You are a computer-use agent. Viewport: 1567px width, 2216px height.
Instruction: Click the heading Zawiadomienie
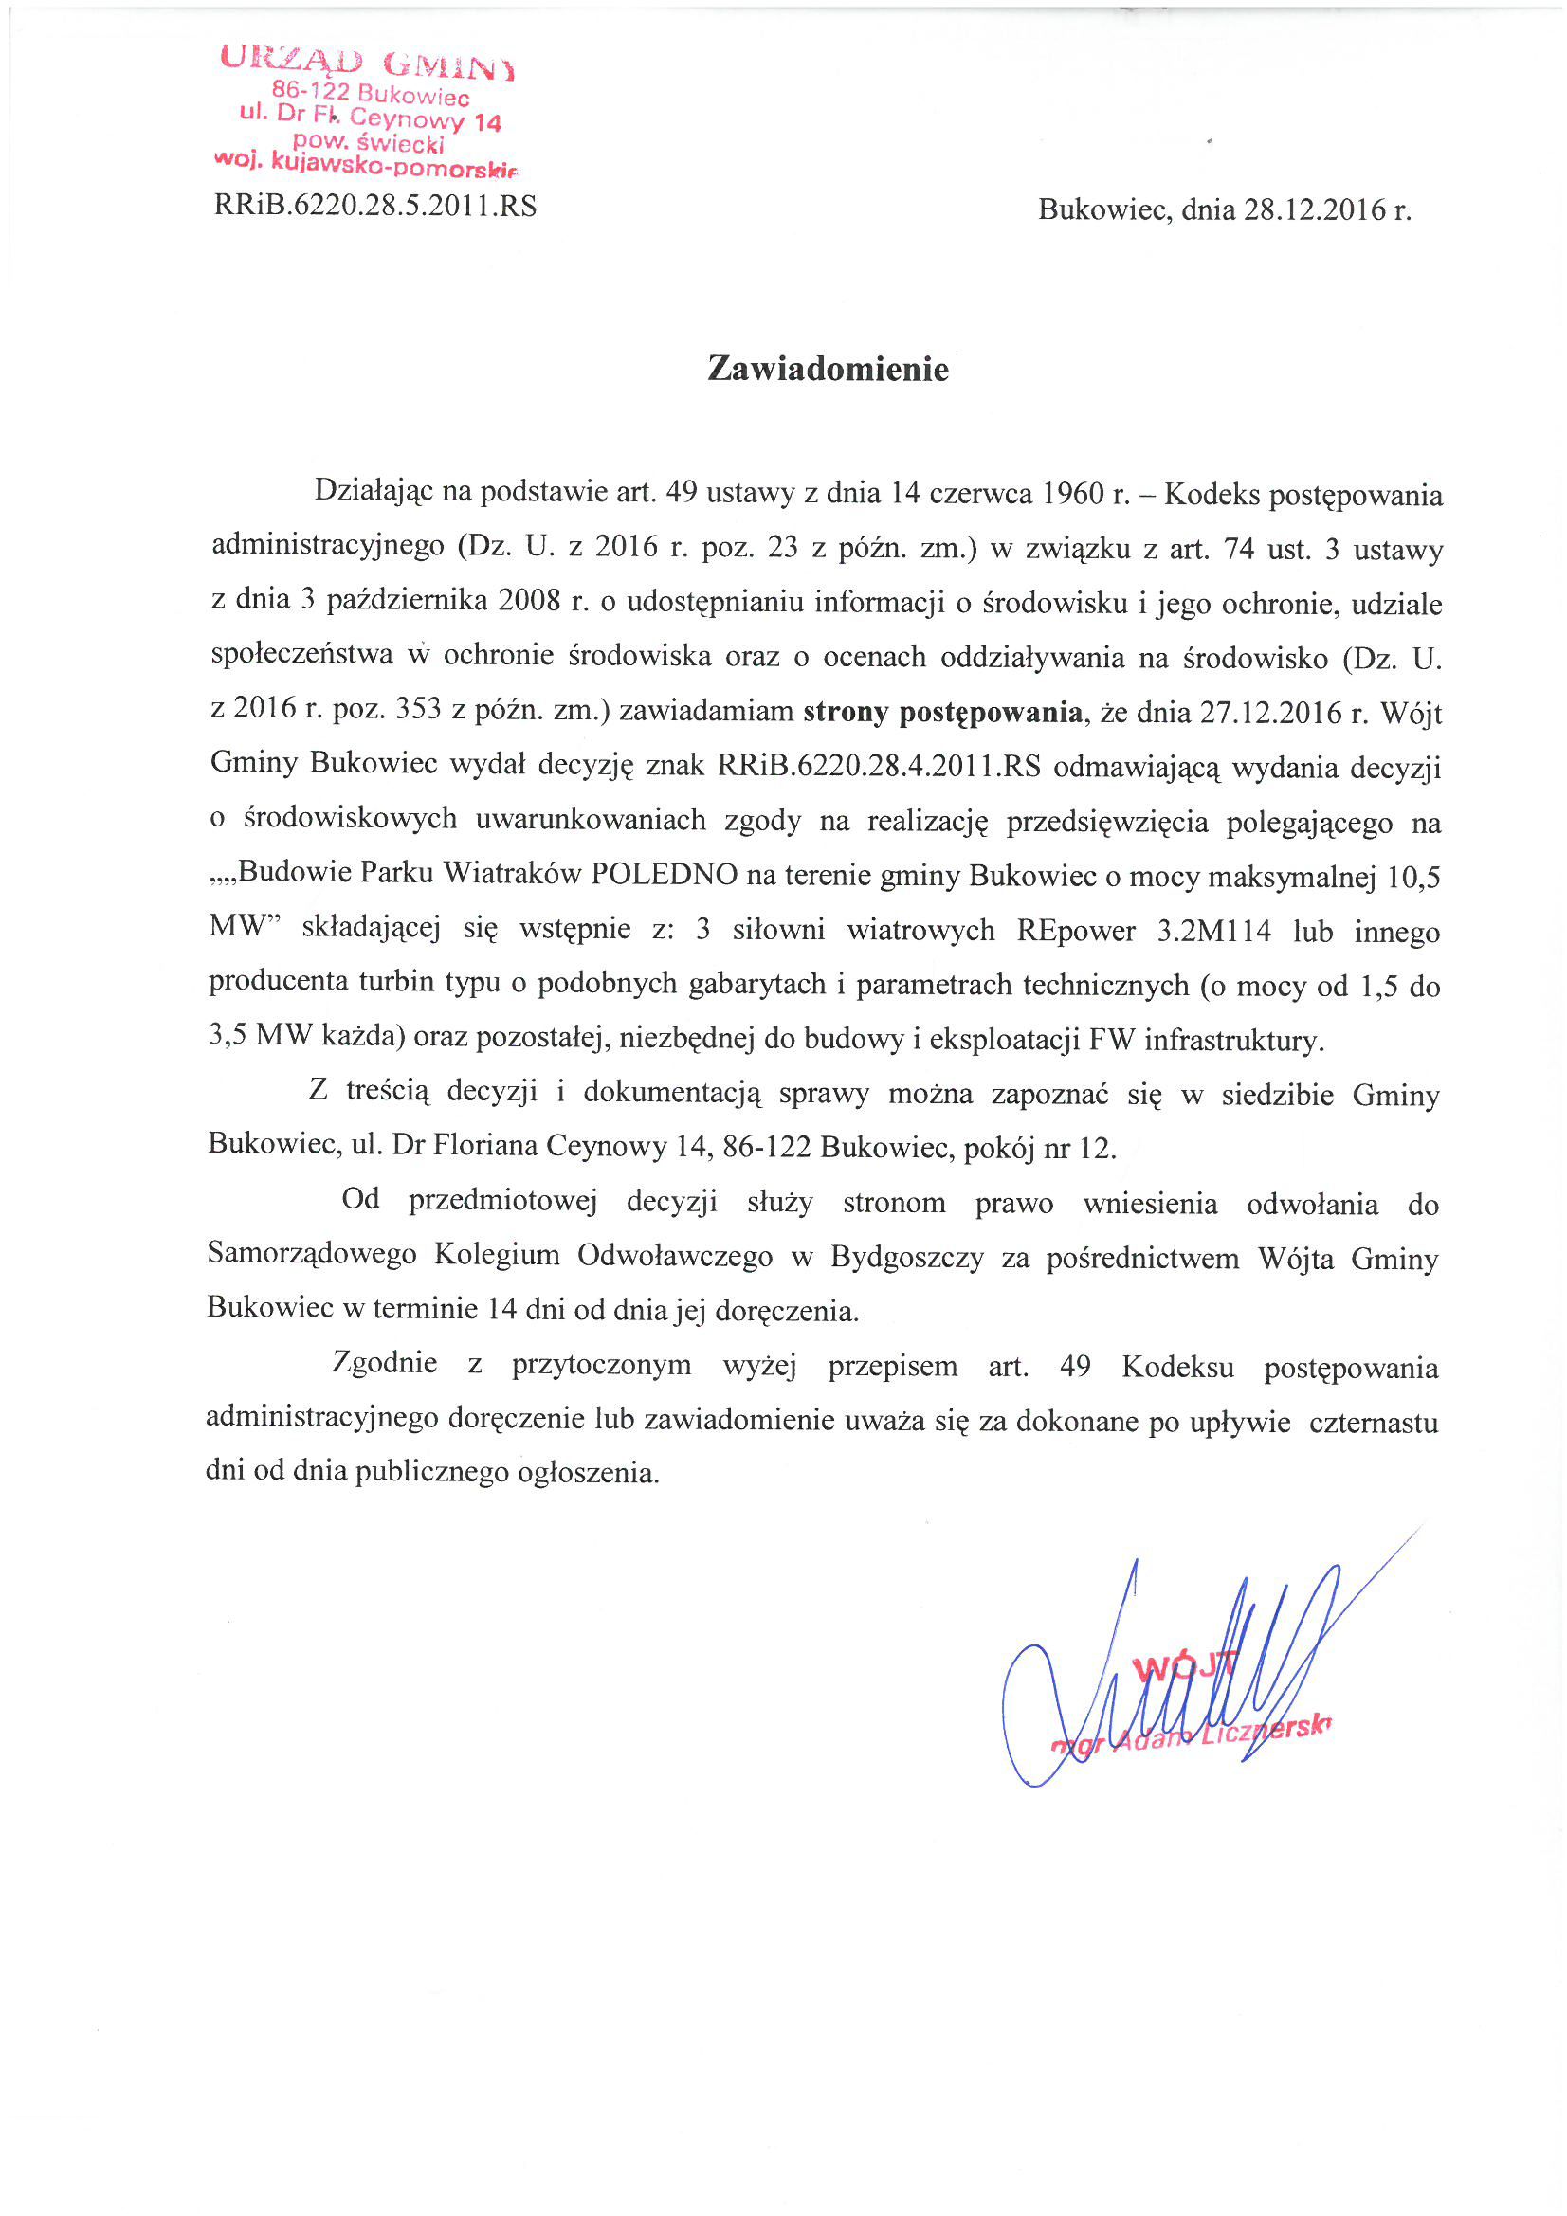[828, 370]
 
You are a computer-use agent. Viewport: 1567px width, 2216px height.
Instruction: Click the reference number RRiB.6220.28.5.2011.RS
[375, 207]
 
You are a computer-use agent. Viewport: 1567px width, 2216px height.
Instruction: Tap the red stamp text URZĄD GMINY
[367, 62]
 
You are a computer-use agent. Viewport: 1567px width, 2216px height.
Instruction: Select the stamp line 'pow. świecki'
[369, 143]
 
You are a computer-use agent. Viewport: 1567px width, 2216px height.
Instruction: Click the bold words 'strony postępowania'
[942, 714]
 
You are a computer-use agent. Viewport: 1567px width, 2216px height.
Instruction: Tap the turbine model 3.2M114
[1213, 932]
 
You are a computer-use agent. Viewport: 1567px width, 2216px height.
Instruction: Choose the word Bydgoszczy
[906, 1258]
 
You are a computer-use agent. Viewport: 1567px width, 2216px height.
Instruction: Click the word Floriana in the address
[485, 1147]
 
